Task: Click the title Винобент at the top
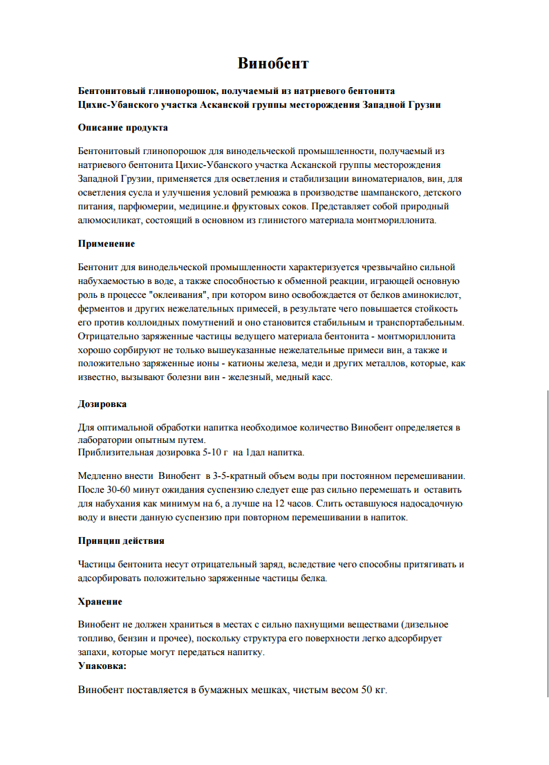[x=273, y=64]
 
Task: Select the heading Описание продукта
[x=122, y=128]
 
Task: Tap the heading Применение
[x=106, y=244]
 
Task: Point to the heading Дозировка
[x=102, y=404]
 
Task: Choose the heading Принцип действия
[x=120, y=540]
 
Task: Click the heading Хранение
[x=100, y=602]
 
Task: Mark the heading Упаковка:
[x=102, y=667]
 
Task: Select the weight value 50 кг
[x=373, y=690]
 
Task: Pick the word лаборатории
[x=105, y=440]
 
